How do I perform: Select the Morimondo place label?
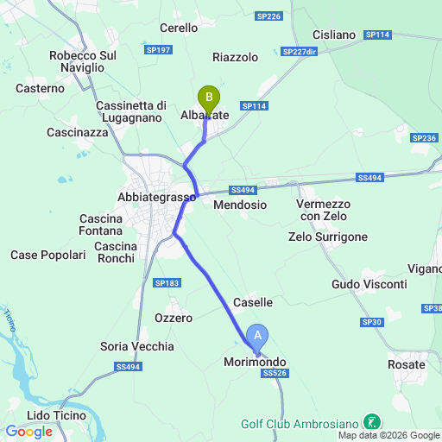[x=255, y=362]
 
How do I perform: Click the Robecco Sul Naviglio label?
[x=83, y=61]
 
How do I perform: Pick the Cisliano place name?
[x=334, y=35]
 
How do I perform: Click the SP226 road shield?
[x=269, y=16]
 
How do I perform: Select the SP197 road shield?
[x=161, y=50]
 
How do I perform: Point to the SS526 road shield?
[x=274, y=373]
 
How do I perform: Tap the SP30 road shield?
[x=372, y=322]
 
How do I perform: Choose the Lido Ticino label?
[x=56, y=415]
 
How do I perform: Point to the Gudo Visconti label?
[x=369, y=284]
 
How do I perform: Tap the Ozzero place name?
[x=174, y=318]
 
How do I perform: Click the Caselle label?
[x=253, y=302]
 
